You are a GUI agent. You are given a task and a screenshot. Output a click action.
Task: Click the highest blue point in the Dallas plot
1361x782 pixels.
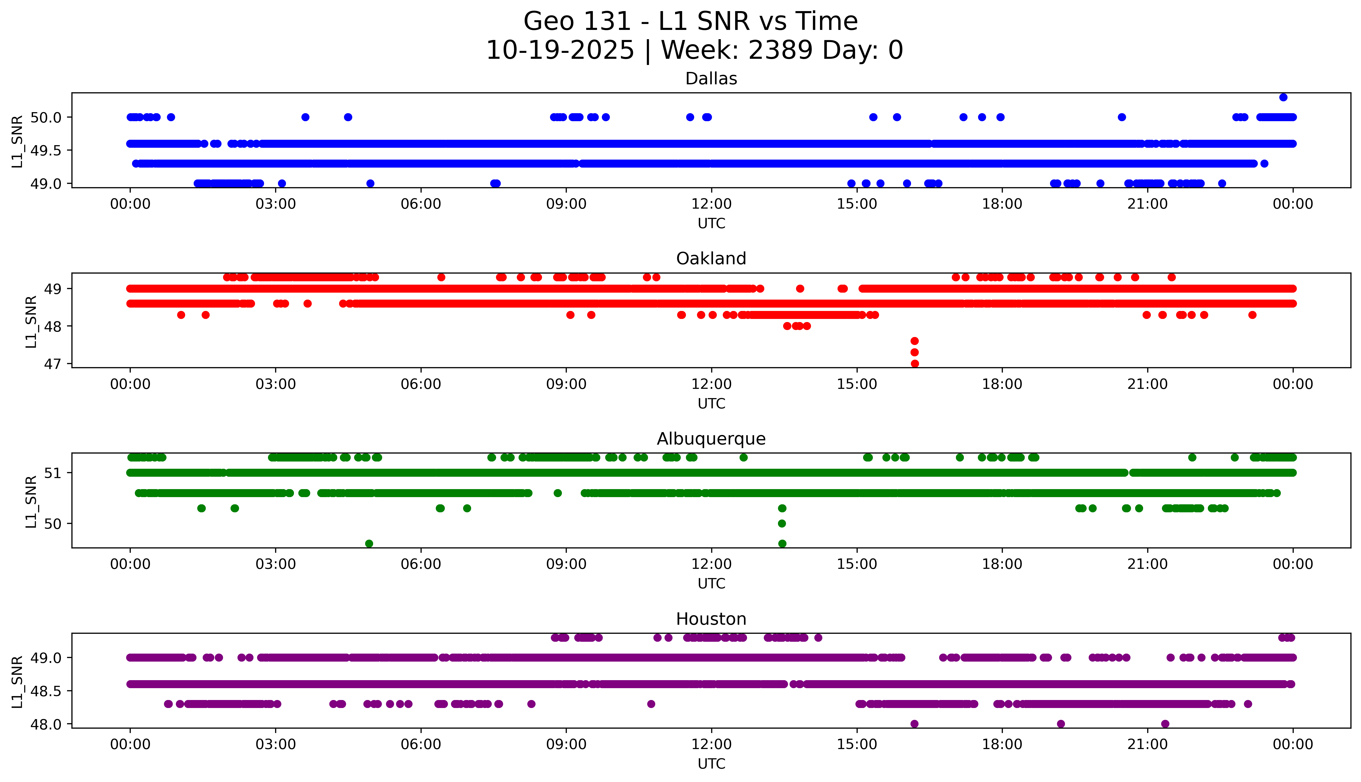click(x=1283, y=97)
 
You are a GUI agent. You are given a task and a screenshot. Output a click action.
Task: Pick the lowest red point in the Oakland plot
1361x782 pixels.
click(x=915, y=364)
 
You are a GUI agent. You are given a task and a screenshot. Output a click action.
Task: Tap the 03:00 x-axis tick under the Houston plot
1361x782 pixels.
click(x=276, y=744)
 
